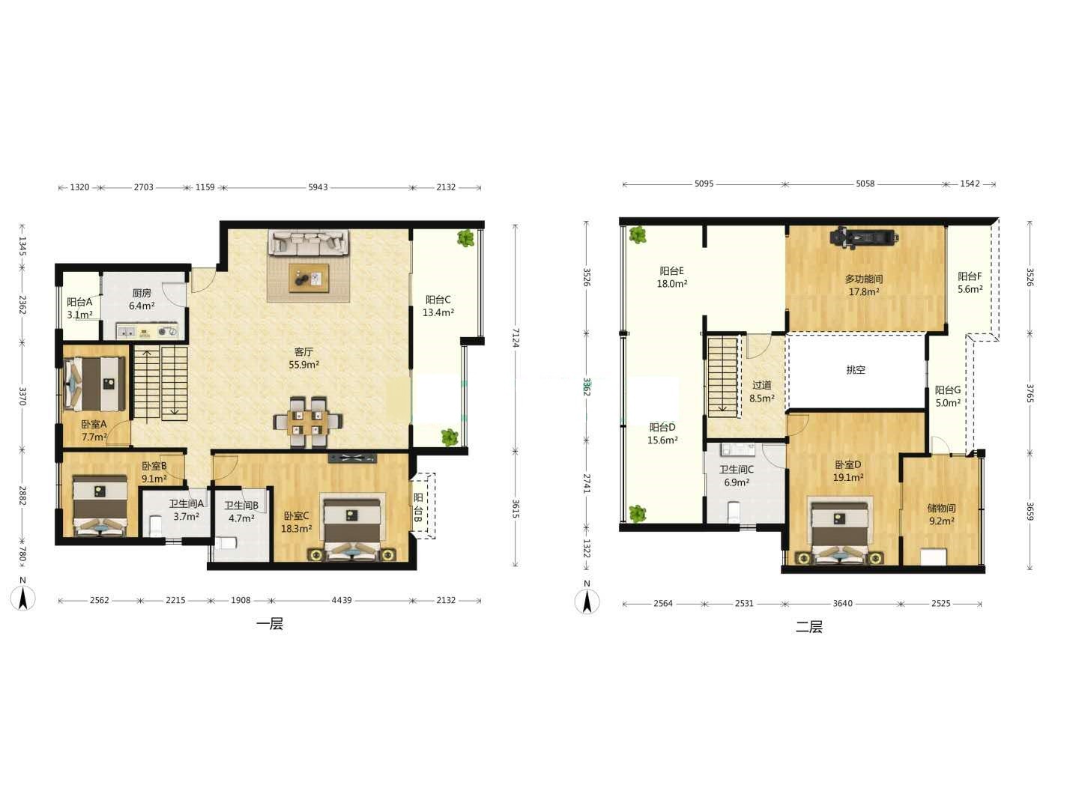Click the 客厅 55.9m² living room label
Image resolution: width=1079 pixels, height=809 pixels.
(x=303, y=358)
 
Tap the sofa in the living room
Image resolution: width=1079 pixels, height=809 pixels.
(x=309, y=243)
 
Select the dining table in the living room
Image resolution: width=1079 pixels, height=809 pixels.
(x=308, y=422)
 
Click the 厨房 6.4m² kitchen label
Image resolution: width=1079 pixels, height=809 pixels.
(x=142, y=299)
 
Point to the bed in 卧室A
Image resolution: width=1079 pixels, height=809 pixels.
(x=94, y=384)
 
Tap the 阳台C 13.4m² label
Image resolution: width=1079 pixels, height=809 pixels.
(x=438, y=306)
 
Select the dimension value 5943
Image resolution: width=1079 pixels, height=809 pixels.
(x=318, y=187)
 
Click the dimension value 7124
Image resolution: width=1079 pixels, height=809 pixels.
(x=515, y=338)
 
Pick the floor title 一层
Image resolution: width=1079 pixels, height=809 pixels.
(x=270, y=624)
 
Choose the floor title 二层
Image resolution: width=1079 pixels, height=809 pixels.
(x=809, y=627)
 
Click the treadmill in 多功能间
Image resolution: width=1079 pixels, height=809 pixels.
(x=865, y=237)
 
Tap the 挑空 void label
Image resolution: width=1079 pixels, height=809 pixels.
(x=856, y=370)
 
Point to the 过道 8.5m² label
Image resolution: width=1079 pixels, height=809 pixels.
(x=762, y=392)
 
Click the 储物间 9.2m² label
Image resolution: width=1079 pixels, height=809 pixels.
(x=941, y=515)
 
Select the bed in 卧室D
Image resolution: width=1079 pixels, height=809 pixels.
(x=840, y=533)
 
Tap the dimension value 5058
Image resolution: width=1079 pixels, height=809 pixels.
(x=865, y=184)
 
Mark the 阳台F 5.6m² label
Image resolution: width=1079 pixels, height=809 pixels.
(x=970, y=283)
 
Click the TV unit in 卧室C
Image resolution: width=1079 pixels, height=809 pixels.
(x=352, y=458)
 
